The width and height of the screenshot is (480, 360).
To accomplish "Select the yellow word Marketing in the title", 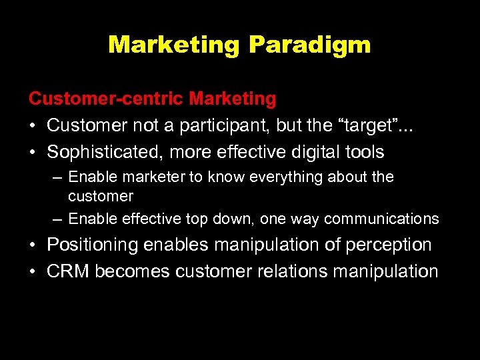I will pyautogui.click(x=175, y=45).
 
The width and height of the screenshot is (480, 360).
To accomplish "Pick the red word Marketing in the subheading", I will pyautogui.click(x=233, y=99).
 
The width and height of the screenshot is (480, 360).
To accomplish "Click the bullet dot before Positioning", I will pyautogui.click(x=33, y=245).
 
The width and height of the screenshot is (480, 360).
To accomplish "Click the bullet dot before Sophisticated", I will pyautogui.click(x=33, y=152).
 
